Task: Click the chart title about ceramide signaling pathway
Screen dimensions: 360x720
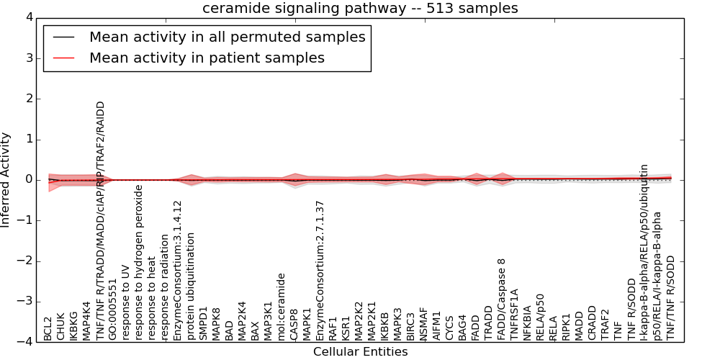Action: pos(360,8)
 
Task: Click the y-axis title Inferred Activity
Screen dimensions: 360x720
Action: pos(6,180)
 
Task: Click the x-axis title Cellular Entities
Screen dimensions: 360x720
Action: pos(360,352)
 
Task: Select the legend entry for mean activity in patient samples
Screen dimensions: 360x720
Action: pos(207,58)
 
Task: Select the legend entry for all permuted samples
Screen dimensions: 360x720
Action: pos(227,37)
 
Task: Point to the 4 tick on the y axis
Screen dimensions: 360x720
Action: pos(31,17)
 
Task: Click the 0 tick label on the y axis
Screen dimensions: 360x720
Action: pos(31,179)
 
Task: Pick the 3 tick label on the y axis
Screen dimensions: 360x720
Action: pos(31,58)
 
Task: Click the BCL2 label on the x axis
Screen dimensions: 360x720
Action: pos(48,329)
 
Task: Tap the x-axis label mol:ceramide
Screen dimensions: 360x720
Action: pos(282,307)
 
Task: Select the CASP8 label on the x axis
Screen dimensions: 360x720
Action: pos(294,325)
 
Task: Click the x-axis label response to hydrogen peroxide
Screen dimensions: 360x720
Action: pos(139,263)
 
